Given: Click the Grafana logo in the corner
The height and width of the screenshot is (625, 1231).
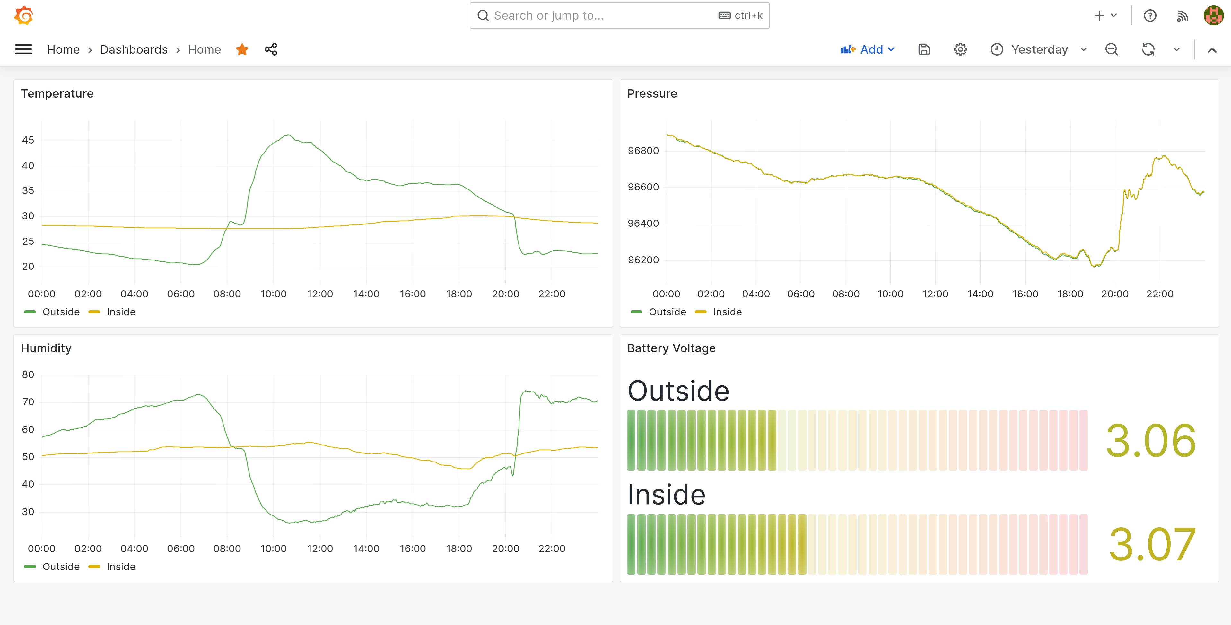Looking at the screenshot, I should (x=23, y=16).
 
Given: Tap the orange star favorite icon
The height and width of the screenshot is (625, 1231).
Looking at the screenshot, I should (x=242, y=49).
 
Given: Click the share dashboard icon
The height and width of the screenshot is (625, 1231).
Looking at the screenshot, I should (x=271, y=49).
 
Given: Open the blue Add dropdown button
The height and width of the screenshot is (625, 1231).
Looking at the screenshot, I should (x=867, y=49).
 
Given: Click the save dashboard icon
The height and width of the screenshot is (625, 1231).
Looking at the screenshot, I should (x=924, y=49).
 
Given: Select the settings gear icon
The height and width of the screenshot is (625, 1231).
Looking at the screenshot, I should (x=960, y=49).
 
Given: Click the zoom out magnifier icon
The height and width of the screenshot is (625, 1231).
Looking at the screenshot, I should (x=1112, y=49).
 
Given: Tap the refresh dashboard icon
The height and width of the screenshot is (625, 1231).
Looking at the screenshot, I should (x=1148, y=49).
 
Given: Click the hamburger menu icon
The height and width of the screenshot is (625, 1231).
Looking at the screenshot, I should (x=23, y=49).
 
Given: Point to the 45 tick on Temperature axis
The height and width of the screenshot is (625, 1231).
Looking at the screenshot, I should (x=28, y=140).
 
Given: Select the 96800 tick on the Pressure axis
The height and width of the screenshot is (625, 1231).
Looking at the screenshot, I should (x=643, y=151).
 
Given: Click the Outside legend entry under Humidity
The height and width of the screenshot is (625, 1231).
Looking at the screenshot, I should (x=61, y=567).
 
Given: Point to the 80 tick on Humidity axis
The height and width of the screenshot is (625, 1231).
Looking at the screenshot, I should (x=28, y=375).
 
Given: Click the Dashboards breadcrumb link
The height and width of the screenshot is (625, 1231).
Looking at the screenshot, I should (x=134, y=49).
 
